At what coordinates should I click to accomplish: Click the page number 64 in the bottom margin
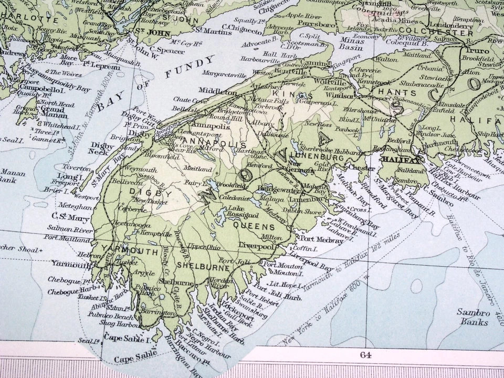pyautogui.click(x=365, y=355)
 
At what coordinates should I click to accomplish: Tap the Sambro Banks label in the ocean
pyautogui.click(x=473, y=317)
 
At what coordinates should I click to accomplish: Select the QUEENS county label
pyautogui.click(x=254, y=227)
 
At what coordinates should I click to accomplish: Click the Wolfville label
pyautogui.click(x=329, y=82)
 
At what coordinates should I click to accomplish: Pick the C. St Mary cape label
pyautogui.click(x=65, y=216)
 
